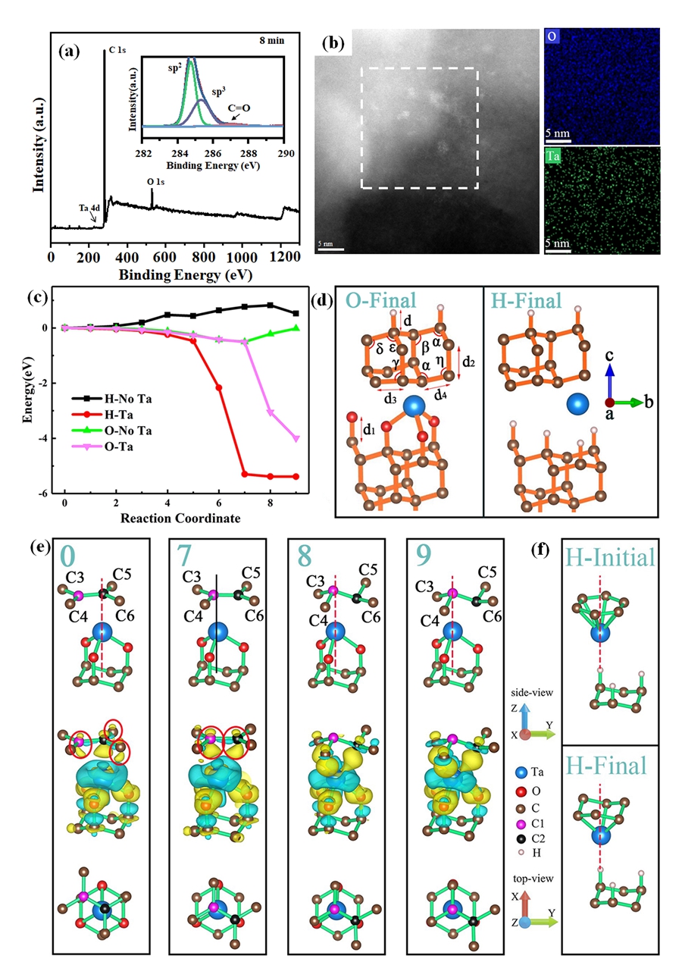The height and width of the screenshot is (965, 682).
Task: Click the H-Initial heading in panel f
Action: [x=608, y=558]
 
